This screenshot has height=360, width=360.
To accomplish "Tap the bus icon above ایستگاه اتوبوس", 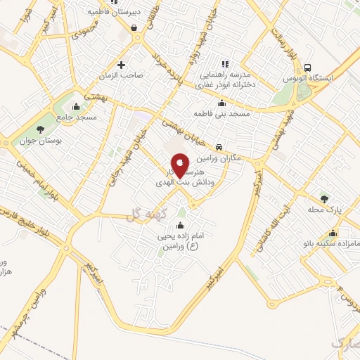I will click(307, 67).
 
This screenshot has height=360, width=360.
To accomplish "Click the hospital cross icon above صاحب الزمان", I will click(122, 65).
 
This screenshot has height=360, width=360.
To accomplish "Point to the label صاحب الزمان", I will click(124, 75).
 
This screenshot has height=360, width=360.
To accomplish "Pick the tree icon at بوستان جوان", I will click(39, 129).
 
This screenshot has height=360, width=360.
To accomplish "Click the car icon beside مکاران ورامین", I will click(220, 147).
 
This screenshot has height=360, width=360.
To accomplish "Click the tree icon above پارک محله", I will click(324, 198).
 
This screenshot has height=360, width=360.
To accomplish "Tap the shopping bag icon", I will click(134, 28).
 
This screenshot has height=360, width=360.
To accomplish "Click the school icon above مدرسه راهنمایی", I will click(225, 63).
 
